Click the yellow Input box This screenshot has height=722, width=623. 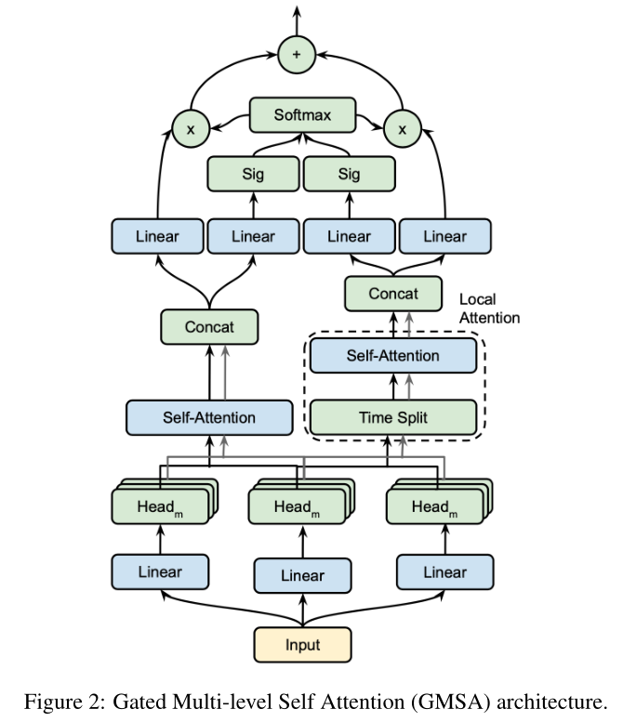tap(302, 644)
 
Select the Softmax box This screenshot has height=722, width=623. tap(302, 115)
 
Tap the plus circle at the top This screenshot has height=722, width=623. tap(297, 55)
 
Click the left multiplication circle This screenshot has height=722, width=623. tap(191, 130)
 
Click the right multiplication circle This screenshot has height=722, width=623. tap(403, 130)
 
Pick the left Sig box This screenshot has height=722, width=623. tap(252, 174)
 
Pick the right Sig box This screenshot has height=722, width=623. tap(349, 174)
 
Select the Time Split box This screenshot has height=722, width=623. tap(392, 417)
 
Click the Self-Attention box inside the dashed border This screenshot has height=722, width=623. tap(392, 355)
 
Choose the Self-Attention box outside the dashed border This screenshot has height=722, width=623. tap(208, 417)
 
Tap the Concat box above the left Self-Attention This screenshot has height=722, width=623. tap(208, 327)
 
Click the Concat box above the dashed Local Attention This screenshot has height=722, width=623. tap(392, 294)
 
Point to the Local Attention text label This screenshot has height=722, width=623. tap(489, 308)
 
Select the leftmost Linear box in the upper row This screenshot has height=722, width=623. tap(156, 236)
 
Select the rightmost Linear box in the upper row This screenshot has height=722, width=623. tap(444, 236)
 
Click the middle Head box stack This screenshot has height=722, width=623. tap(298, 506)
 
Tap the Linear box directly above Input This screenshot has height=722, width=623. tap(302, 576)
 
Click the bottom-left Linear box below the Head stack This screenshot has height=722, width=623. tap(160, 571)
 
